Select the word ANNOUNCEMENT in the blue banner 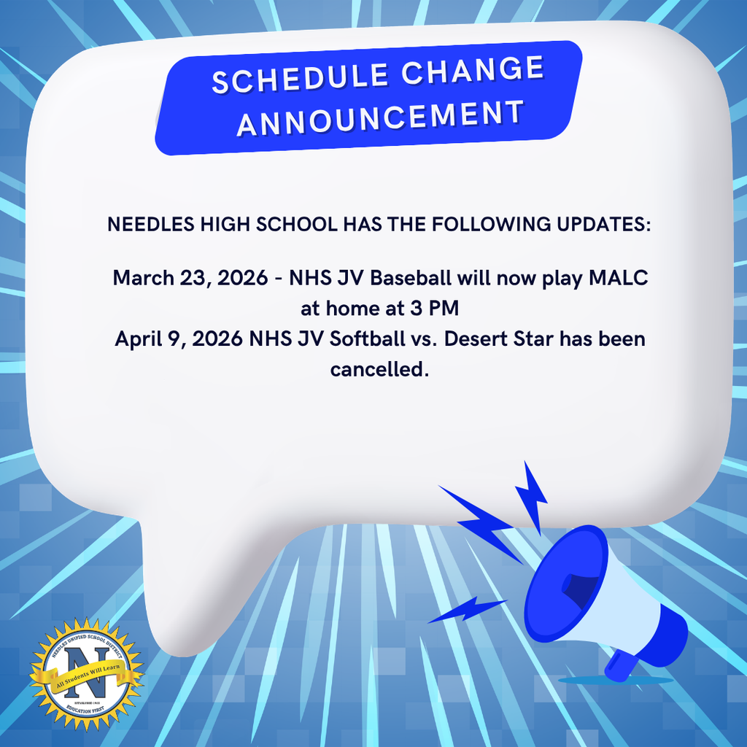380,117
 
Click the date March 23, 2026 190,278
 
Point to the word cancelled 379,370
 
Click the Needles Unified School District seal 86,675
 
